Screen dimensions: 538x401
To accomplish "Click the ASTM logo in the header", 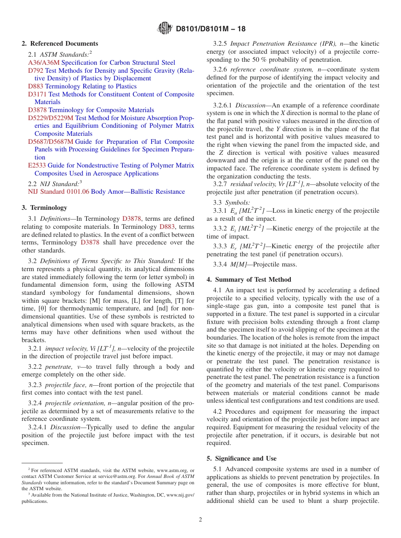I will point(165,28).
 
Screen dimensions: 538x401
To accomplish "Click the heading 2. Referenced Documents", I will point(60,44).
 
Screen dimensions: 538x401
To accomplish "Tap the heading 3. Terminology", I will point(44,208).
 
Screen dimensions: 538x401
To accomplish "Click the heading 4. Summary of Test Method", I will point(249,280).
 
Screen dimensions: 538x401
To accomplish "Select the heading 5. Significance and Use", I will point(241,458).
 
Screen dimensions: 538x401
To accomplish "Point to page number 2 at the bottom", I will point(200,520).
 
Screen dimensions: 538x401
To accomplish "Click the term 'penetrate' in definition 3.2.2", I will point(58,367).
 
